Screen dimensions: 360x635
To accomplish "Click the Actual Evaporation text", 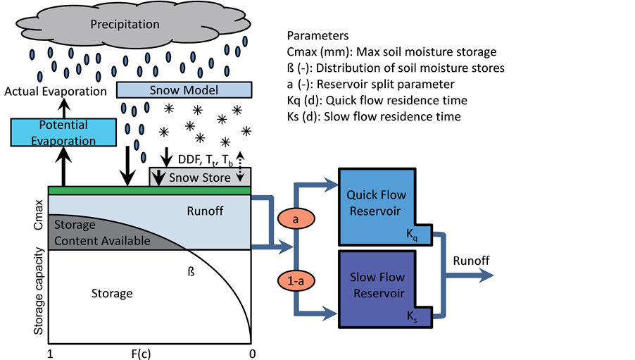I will click(x=55, y=92).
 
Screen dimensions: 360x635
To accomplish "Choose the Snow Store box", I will click(x=201, y=177).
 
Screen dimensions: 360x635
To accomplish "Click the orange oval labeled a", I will click(x=296, y=220).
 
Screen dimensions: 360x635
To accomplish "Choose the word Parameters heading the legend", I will click(x=318, y=35).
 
